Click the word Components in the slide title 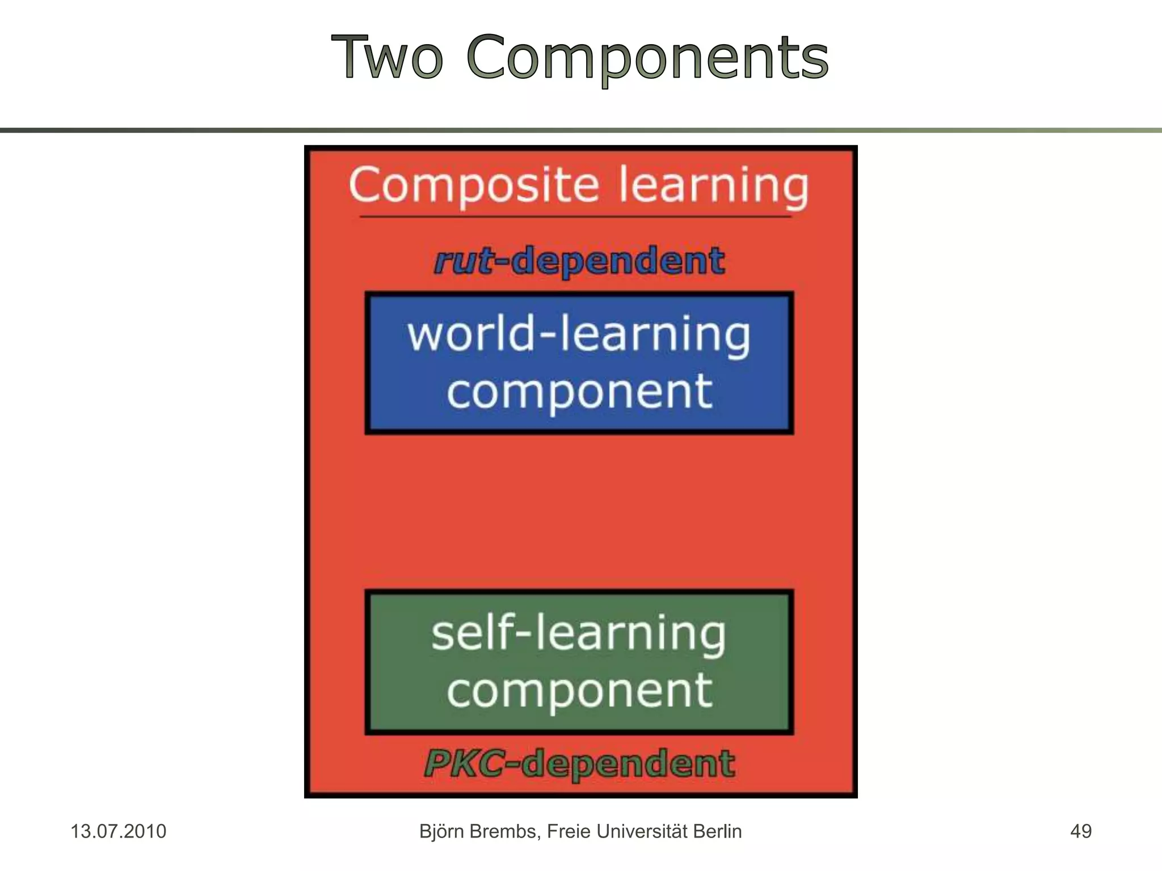(647, 58)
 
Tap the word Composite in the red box (474, 185)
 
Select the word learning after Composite (713, 187)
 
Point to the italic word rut (464, 261)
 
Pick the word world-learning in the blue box (579, 335)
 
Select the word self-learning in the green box (579, 633)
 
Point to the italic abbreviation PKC (464, 763)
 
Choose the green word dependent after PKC (628, 763)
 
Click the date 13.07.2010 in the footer (118, 831)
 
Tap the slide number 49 (1080, 831)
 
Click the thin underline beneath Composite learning (575, 217)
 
